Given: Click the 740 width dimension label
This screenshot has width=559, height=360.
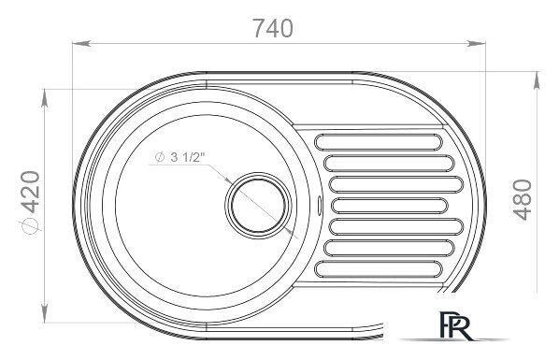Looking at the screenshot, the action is pyautogui.click(x=273, y=28).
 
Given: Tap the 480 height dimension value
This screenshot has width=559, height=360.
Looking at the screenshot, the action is pyautogui.click(x=523, y=200).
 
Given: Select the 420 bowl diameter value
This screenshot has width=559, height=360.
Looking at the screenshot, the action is pyautogui.click(x=30, y=192).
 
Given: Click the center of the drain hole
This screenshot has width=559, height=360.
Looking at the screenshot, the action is pyautogui.click(x=258, y=206).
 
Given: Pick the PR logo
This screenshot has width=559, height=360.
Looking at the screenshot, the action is pyautogui.click(x=455, y=325).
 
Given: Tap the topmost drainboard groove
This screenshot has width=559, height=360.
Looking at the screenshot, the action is pyautogui.click(x=379, y=142).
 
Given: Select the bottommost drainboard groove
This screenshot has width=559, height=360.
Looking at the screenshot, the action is pyautogui.click(x=379, y=269).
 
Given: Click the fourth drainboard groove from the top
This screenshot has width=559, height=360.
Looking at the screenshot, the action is pyautogui.click(x=389, y=206).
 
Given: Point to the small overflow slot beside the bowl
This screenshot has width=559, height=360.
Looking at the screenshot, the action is pyautogui.click(x=319, y=206).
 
